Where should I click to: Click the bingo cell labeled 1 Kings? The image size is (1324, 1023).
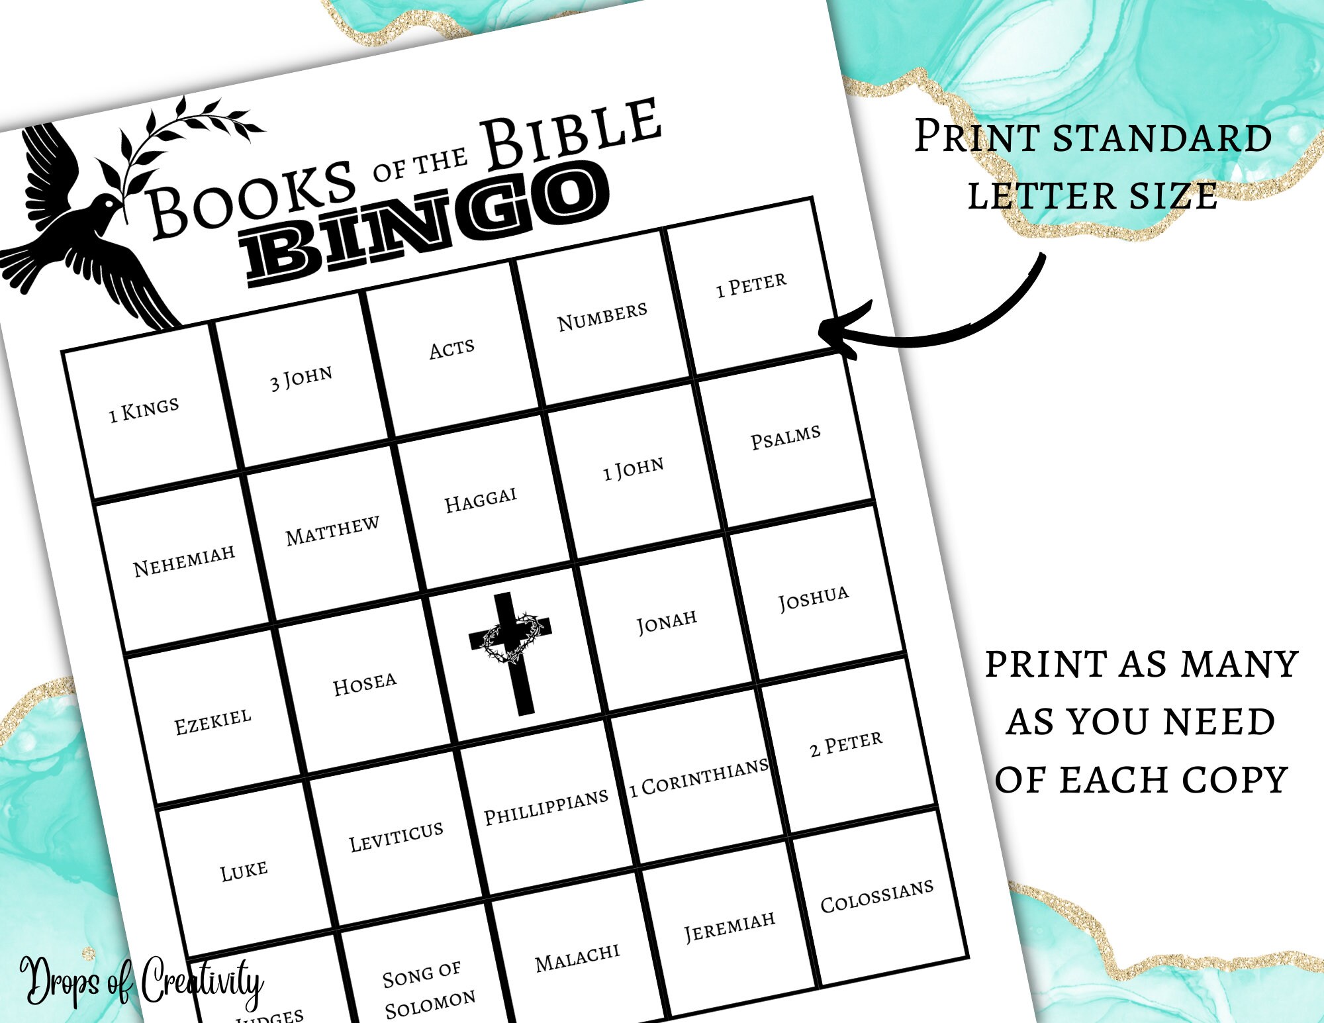tap(144, 410)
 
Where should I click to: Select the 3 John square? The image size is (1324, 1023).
tap(301, 379)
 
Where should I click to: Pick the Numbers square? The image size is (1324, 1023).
tap(602, 317)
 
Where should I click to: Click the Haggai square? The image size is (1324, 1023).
tap(481, 500)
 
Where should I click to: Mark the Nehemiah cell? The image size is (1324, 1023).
tap(184, 560)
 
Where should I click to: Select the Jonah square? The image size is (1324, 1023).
tap(667, 622)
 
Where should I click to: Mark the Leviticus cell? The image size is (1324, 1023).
tap(396, 837)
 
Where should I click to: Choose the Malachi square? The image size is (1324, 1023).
tap(577, 957)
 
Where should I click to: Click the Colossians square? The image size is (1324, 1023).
tap(877, 896)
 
